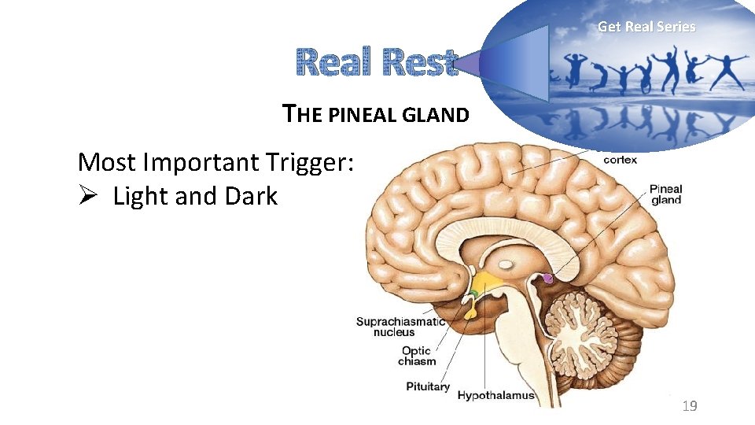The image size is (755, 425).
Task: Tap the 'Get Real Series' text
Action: pyautogui.click(x=646, y=27)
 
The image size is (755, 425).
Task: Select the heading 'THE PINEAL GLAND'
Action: pyautogui.click(x=376, y=115)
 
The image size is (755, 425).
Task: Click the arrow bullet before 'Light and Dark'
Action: pyautogui.click(x=87, y=196)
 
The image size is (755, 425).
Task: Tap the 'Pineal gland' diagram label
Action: pyautogui.click(x=665, y=194)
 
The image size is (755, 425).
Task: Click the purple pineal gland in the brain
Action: pyautogui.click(x=548, y=277)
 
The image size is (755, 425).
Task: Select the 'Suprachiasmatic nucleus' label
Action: pyautogui.click(x=400, y=327)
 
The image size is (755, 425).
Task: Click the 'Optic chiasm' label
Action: pyautogui.click(x=417, y=356)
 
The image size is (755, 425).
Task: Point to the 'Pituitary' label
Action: pyautogui.click(x=428, y=386)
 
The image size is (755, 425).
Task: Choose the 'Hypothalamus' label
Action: pyautogui.click(x=495, y=395)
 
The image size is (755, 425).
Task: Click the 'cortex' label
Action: pyautogui.click(x=620, y=160)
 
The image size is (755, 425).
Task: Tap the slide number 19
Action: pyautogui.click(x=690, y=406)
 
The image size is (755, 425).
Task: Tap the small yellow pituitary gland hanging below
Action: pyautogui.click(x=470, y=312)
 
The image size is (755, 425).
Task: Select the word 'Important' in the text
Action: pyautogui.click(x=194, y=162)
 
